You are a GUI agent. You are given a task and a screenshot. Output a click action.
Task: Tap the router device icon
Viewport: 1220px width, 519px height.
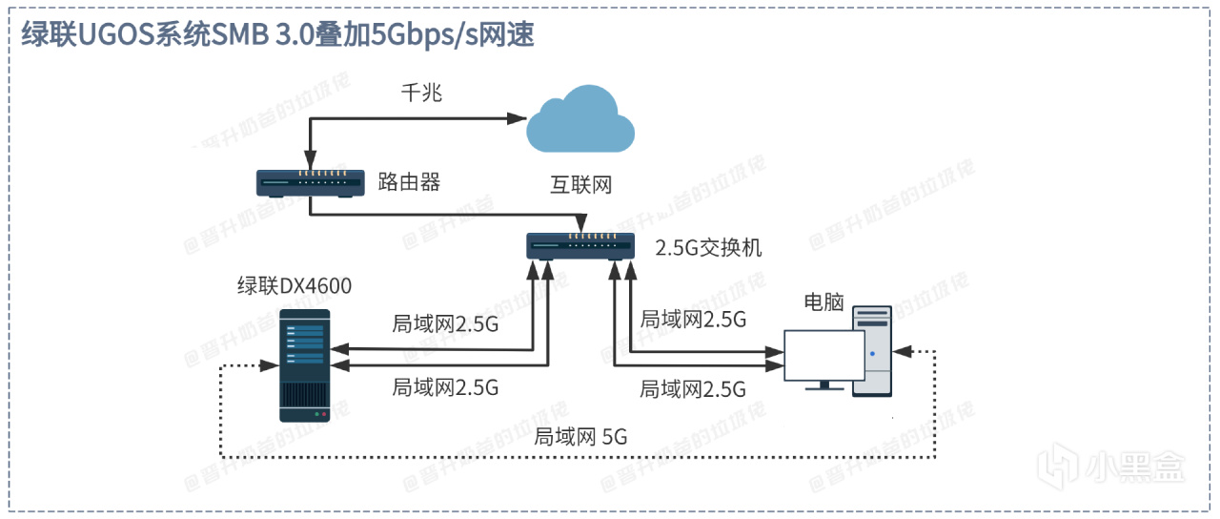point(311,182)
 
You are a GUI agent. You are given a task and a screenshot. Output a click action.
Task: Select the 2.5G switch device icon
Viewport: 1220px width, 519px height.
point(579,246)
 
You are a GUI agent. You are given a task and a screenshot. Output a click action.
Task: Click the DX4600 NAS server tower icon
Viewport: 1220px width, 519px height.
point(304,365)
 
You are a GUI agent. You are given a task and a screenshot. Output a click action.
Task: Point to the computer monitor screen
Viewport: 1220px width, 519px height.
point(823,354)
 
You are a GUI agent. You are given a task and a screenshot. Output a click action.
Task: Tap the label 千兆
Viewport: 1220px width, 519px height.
point(420,93)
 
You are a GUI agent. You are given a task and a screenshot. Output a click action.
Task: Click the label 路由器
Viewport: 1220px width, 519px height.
point(411,181)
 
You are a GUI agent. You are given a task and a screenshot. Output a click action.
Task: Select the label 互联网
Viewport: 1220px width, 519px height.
point(580,185)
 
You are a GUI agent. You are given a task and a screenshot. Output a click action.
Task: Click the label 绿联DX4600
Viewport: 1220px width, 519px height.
point(295,285)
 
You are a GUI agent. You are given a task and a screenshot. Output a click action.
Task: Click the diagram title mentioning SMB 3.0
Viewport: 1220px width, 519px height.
point(276,34)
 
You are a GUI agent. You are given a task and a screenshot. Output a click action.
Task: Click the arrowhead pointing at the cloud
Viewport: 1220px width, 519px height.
point(518,118)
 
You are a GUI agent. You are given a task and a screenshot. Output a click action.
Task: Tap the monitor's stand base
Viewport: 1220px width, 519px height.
point(823,386)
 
